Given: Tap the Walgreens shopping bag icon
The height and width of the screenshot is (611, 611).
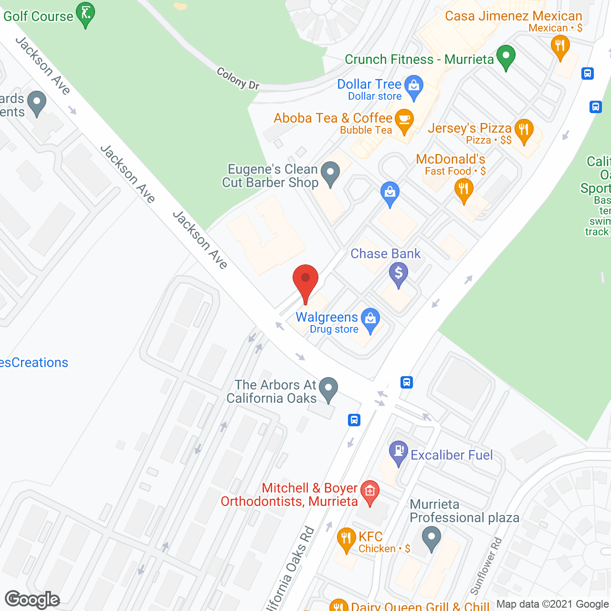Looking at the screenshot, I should (370, 319).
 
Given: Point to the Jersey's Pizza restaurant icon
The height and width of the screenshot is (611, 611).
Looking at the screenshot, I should (524, 129).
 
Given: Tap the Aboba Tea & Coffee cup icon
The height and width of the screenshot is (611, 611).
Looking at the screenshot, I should (405, 120).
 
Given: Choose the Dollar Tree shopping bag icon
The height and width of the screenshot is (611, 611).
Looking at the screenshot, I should (414, 87).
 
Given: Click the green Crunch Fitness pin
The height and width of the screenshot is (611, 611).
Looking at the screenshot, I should (506, 56).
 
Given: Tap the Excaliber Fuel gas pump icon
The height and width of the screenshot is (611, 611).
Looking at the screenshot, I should (398, 452).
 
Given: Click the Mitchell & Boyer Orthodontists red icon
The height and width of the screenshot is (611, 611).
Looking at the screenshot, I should (369, 492).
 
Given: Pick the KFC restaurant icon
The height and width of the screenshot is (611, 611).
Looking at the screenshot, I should (346, 538).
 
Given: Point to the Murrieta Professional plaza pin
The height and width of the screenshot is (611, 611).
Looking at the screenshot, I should (432, 537).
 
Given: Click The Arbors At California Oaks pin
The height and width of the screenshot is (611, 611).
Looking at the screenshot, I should (328, 388).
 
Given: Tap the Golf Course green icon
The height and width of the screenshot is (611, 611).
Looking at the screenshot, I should (86, 13).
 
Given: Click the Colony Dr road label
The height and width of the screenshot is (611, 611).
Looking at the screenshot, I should (238, 79).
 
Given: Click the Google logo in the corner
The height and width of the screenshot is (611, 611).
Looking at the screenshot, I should (32, 600).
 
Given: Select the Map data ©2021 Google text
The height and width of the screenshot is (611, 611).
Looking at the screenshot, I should (553, 604).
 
